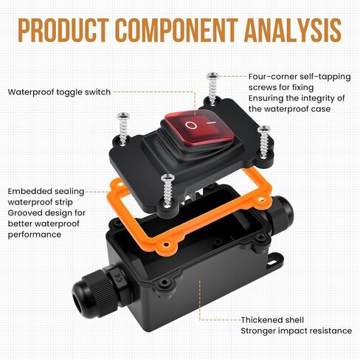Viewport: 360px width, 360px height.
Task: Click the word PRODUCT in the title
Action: coord(63,30)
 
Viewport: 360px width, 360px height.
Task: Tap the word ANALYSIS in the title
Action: coord(293,30)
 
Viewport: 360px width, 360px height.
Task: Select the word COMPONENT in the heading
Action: coord(176,30)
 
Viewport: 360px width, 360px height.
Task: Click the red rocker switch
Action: coord(199,128)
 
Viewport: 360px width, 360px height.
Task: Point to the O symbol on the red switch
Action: coord(191,125)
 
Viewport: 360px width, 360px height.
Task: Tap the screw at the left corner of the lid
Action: coord(123,128)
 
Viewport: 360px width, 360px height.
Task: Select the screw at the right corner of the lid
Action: coord(264,142)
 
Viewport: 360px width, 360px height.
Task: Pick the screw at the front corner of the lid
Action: coord(167,190)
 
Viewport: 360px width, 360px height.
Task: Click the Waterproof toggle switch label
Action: coord(59,92)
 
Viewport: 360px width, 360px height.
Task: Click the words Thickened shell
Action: coord(272,320)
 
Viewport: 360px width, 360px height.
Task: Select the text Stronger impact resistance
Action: coord(297,331)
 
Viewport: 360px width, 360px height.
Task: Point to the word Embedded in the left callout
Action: coord(30,191)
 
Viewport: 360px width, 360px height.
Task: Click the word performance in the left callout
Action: coord(35,235)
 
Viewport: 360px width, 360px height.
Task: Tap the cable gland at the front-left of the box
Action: coord(101,290)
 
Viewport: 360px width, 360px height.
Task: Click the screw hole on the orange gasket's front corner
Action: coord(167,245)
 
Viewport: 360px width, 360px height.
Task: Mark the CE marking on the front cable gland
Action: coord(120,277)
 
